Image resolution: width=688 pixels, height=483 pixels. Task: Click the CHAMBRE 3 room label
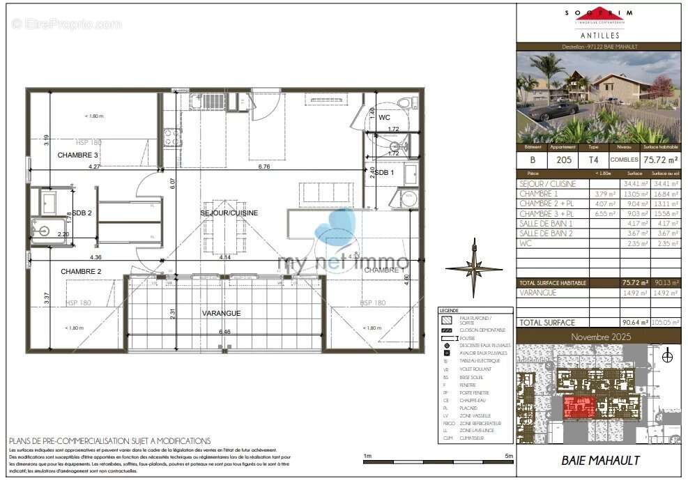78,155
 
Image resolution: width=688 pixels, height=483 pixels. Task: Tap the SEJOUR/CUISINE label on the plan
229,213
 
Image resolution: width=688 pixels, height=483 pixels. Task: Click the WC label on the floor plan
385,118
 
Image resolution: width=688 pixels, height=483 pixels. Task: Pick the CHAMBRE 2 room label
81,271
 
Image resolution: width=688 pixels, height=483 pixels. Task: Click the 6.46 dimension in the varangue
224,332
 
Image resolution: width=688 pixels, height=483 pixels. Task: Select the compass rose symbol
474,268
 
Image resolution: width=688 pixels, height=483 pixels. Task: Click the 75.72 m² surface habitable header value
663,159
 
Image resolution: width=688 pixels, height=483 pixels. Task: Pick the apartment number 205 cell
564,160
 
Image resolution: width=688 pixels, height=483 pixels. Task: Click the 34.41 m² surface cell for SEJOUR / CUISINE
634,184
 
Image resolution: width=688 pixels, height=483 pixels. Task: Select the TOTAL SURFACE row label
547,323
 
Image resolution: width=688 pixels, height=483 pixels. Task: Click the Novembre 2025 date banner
599,336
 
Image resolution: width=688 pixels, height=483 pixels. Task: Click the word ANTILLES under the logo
599,34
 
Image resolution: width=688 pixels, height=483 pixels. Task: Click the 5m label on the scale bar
509,456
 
